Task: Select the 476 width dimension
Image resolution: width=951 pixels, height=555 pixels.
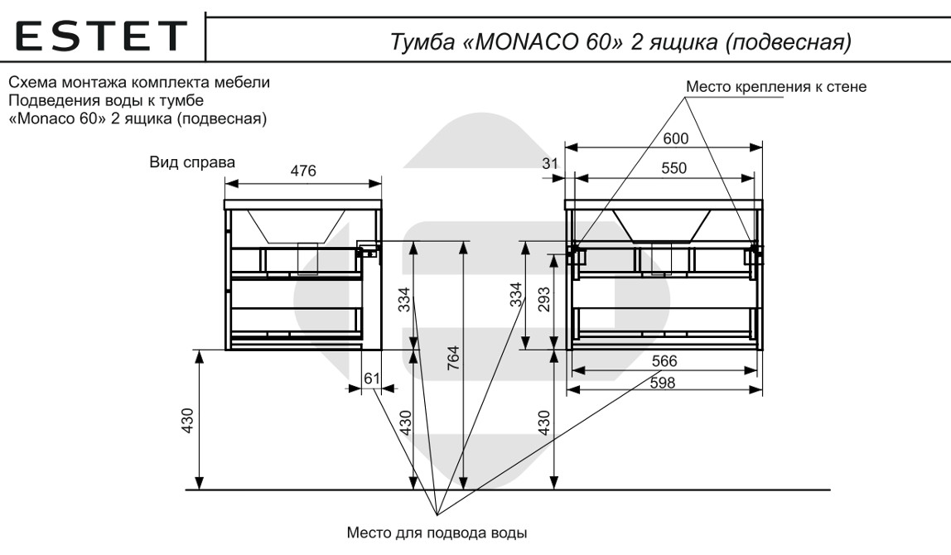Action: click(302, 171)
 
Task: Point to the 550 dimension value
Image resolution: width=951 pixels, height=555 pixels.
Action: click(673, 168)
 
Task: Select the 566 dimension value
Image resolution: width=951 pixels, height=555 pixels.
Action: click(664, 361)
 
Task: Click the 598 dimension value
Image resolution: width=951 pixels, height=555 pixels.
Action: click(664, 383)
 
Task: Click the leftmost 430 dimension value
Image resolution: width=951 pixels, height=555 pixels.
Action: click(187, 422)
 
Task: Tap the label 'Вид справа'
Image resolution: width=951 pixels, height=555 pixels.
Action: click(192, 162)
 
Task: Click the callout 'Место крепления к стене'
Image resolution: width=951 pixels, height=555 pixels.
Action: click(776, 87)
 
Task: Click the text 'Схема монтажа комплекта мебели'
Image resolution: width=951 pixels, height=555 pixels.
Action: click(139, 84)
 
